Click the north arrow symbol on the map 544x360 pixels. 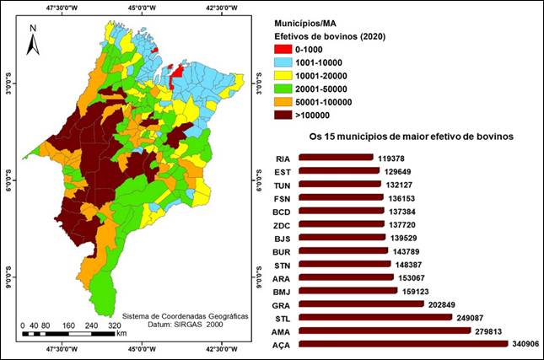[x=33, y=40]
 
